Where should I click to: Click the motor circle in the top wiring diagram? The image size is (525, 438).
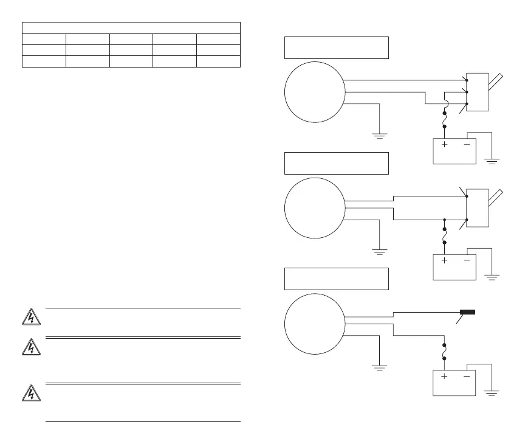tap(315, 92)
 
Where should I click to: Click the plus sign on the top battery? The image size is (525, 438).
tap(444, 145)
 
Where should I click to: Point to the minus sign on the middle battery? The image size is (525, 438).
tap(467, 260)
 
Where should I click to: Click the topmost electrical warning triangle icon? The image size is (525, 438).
tap(29, 317)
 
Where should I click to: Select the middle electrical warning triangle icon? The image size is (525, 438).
tap(29, 347)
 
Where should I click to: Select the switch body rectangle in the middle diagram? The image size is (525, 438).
tap(477, 208)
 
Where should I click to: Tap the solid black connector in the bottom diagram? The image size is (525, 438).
tap(467, 313)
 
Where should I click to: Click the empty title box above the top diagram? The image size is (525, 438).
tap(337, 47)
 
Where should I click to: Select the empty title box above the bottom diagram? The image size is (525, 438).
tap(337, 279)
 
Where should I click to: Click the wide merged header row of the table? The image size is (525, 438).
tap(131, 28)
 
